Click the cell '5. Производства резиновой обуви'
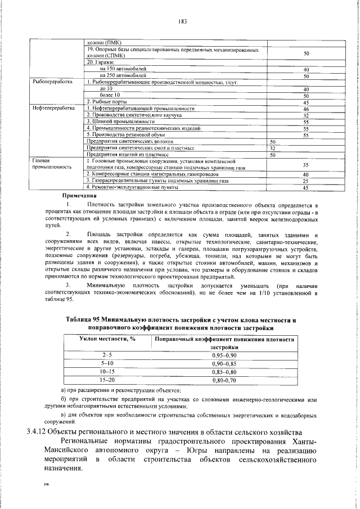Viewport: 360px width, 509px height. [122, 135]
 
